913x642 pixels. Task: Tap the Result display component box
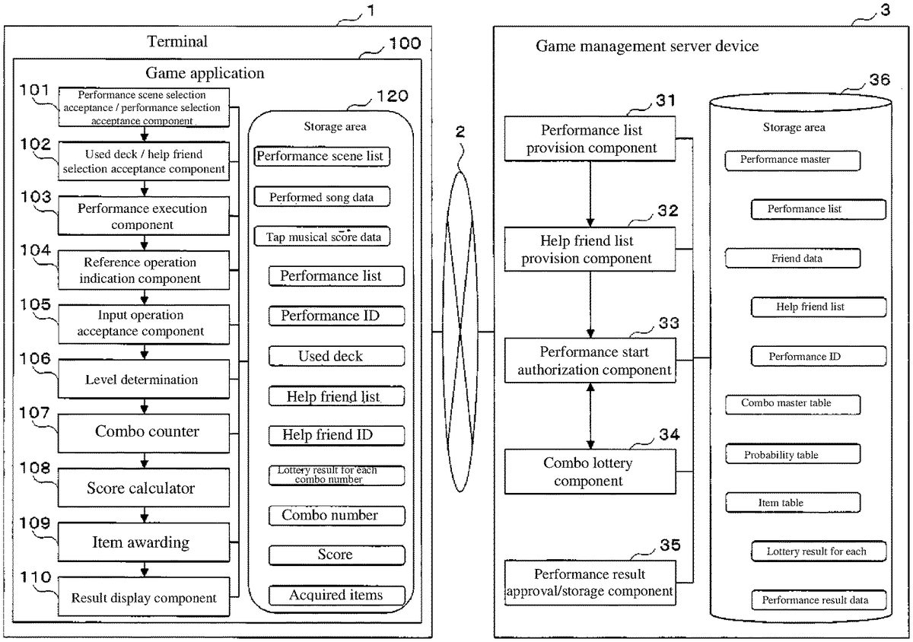144,599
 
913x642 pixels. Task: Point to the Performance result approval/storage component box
590,583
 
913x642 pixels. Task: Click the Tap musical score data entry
323,237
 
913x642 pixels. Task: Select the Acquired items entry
336,595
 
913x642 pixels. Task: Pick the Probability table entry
792,455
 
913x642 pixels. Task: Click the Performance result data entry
819,600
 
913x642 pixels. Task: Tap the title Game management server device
647,46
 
